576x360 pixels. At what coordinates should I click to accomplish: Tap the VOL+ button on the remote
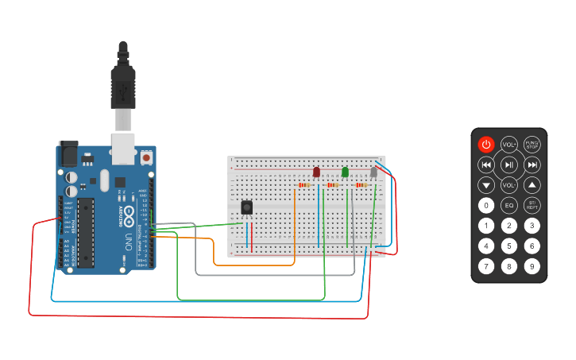tap(509, 144)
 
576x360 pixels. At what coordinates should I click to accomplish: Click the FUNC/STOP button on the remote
tap(532, 144)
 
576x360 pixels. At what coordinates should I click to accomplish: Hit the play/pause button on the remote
tap(509, 165)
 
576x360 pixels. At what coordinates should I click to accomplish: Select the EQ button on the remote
tap(509, 205)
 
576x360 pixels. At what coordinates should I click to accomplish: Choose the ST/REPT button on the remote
tap(532, 205)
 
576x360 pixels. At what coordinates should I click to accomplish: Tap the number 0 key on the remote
tap(486, 205)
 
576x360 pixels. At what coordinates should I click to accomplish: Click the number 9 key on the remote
tap(532, 266)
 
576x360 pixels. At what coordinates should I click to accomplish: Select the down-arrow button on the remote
tap(486, 185)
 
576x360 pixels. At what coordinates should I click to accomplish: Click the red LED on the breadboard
tap(316, 172)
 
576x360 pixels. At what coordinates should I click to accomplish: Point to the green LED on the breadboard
tap(345, 172)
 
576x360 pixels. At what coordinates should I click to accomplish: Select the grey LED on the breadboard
tap(373, 172)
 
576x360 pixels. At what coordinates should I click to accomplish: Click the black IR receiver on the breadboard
tap(247, 207)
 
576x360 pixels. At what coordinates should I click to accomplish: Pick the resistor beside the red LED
tap(303, 186)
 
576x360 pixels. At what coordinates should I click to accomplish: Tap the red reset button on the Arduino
tap(146, 158)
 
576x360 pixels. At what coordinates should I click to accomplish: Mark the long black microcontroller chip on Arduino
tap(86, 232)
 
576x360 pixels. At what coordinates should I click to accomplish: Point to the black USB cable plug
tap(123, 83)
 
